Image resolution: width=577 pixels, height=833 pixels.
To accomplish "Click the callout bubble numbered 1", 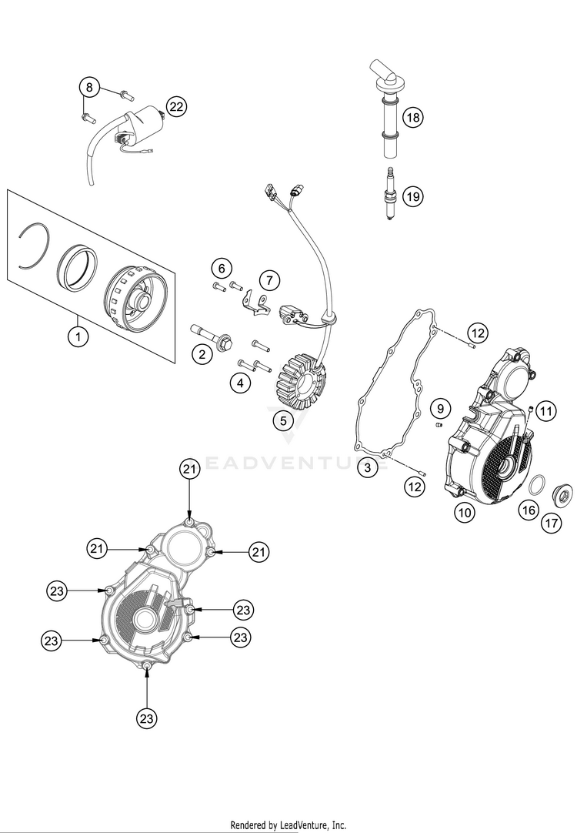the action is pyautogui.click(x=78, y=336).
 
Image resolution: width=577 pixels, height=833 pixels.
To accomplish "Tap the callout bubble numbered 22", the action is pyautogui.click(x=176, y=107).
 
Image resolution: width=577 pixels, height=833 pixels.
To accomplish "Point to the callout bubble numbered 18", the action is pyautogui.click(x=413, y=116).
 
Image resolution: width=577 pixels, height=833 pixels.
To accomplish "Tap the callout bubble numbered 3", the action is pyautogui.click(x=367, y=467).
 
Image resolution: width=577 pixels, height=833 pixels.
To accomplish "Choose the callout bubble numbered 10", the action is pyautogui.click(x=465, y=513).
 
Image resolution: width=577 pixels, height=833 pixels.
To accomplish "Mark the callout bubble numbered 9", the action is pyautogui.click(x=440, y=409).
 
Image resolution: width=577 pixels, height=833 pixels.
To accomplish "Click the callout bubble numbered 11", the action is pyautogui.click(x=546, y=410).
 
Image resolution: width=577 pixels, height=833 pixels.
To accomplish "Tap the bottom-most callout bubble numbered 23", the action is pyautogui.click(x=146, y=719).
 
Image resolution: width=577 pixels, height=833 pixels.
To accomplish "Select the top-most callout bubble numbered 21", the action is pyautogui.click(x=189, y=469).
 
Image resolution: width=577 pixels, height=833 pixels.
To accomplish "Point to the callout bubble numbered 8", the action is pyautogui.click(x=89, y=86).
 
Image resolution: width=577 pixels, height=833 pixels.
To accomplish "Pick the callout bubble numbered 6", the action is pyautogui.click(x=222, y=268).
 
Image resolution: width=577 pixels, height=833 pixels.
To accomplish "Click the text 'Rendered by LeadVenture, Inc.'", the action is pyautogui.click(x=288, y=825).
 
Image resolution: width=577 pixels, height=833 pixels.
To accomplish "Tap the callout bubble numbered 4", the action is pyautogui.click(x=241, y=383).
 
